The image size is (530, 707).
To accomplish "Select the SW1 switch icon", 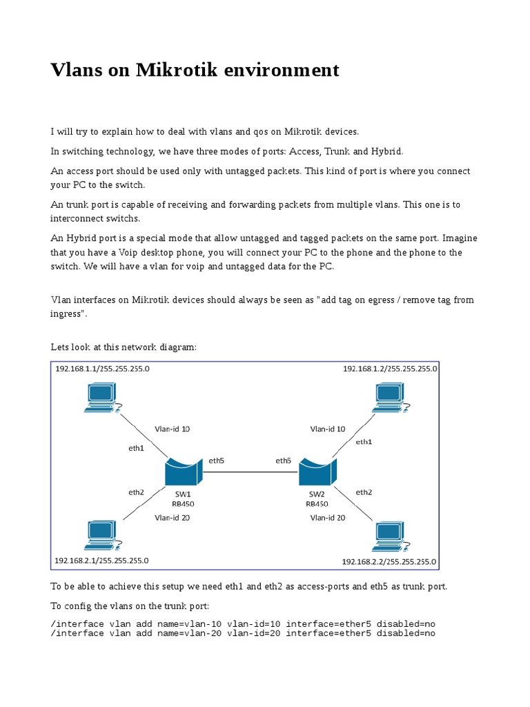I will coord(183,473).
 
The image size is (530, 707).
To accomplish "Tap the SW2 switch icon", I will coord(317,473).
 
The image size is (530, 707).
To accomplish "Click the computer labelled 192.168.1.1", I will coord(101,396).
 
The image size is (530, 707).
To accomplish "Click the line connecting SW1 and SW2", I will coord(250,472).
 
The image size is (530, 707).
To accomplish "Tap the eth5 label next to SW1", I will coord(216,461).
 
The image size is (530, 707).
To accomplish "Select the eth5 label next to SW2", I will coord(283,461).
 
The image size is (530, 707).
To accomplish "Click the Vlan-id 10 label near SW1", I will coord(172,429).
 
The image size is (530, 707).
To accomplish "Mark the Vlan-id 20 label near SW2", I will coord(328,517).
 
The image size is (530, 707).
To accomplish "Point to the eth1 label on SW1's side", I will coord(136,448).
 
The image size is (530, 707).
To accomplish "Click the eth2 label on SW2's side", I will coord(364,492).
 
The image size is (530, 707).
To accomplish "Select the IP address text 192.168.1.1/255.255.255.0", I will coord(102,369).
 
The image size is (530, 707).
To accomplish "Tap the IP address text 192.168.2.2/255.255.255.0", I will coord(389,561).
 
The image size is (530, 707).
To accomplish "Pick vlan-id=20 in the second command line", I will coord(254,633).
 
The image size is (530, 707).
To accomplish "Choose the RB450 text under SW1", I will coord(183,504).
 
